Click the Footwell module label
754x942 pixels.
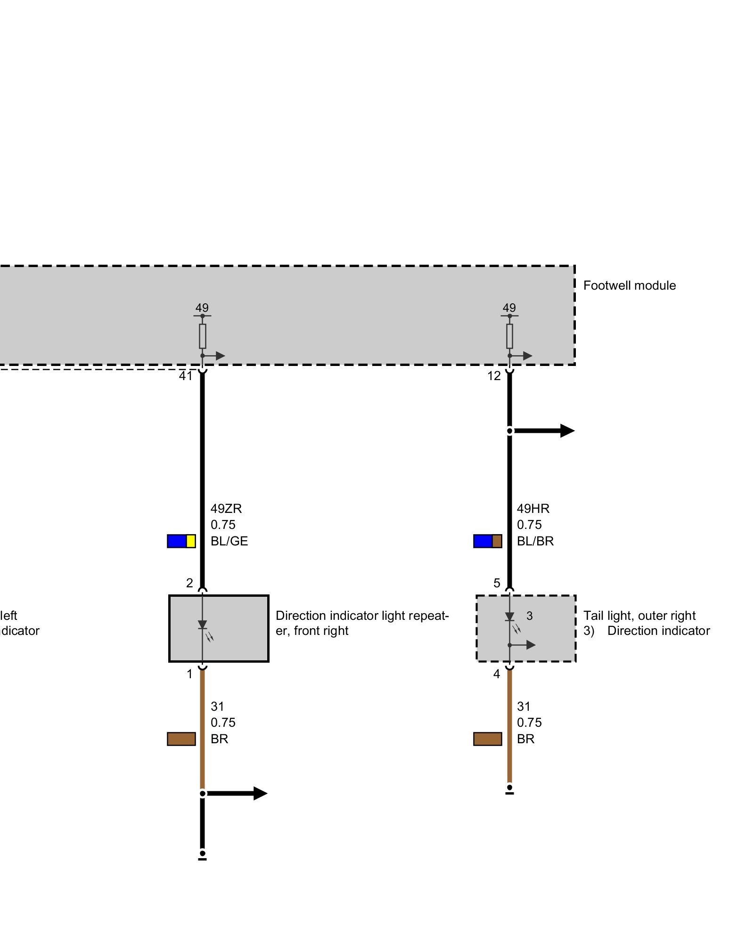point(629,285)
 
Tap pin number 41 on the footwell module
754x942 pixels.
point(186,376)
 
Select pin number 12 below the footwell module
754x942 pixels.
point(494,376)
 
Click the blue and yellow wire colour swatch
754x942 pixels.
point(181,541)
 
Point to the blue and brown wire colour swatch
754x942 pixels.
point(488,541)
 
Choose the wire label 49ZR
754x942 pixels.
point(226,509)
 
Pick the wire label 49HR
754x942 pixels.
point(533,509)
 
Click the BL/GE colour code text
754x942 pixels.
point(229,541)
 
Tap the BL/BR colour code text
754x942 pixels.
point(535,541)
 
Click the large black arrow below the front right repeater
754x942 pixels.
point(238,793)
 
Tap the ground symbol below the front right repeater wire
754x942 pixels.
point(203,855)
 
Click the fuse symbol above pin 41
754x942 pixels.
point(203,336)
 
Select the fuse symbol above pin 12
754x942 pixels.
point(509,336)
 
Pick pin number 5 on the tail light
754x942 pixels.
point(497,583)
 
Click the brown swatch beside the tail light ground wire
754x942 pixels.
point(488,739)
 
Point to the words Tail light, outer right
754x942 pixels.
point(639,616)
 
